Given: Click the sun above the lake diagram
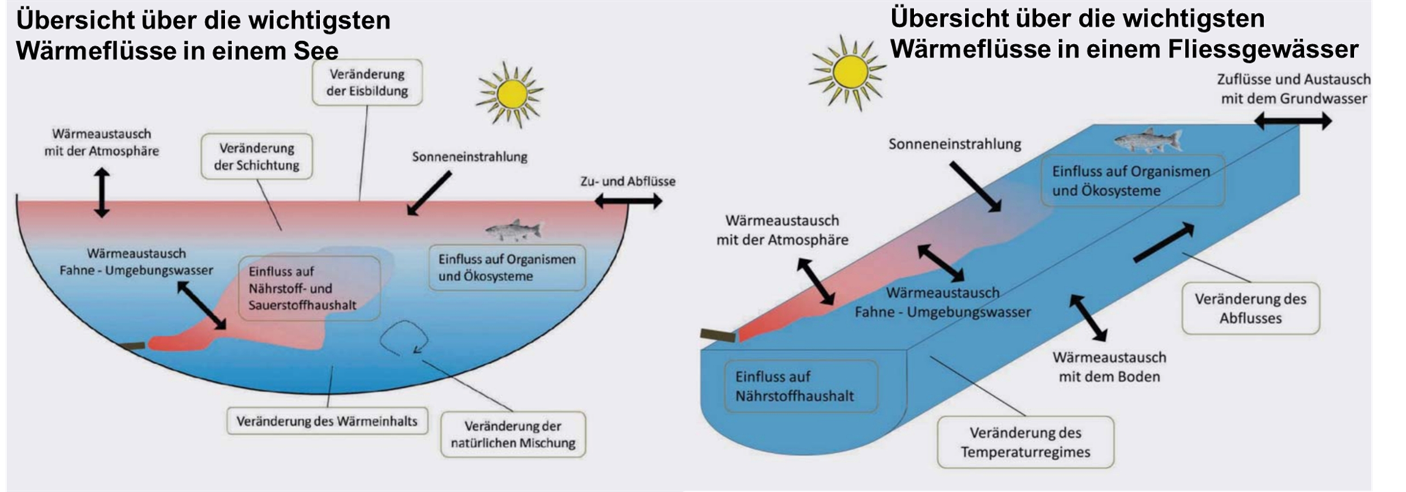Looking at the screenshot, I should [x=510, y=94].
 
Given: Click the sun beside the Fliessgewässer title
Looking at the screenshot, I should [x=849, y=72].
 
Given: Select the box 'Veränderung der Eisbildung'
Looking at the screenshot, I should [x=367, y=83].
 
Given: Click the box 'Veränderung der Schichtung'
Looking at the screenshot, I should [x=256, y=157].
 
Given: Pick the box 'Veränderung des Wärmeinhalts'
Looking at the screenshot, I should [x=327, y=421].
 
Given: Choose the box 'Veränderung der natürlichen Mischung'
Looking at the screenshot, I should [x=513, y=434].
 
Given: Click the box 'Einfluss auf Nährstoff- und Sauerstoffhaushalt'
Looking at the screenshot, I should [x=309, y=288].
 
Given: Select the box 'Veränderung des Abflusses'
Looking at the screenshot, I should [x=1250, y=308].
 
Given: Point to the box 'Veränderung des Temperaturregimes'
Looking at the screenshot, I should [x=1025, y=442].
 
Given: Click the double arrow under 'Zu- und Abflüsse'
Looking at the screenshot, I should [x=628, y=201].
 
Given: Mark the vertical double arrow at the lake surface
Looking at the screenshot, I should [x=102, y=193].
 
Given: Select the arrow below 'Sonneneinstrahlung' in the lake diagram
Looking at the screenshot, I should [x=429, y=194].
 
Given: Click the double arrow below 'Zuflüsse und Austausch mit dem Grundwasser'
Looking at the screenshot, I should [x=1293, y=121].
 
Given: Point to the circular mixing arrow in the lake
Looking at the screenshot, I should [x=404, y=338].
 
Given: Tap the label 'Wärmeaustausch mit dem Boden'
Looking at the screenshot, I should [x=1109, y=367].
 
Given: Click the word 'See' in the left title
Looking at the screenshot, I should [x=316, y=51].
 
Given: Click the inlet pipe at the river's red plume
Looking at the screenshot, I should [x=718, y=335].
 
